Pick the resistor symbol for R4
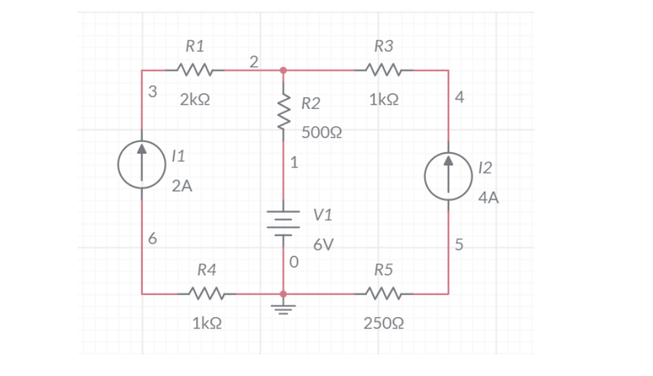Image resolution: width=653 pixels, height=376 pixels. (x=204, y=294)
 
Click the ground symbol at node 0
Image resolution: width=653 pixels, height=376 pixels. (x=283, y=304)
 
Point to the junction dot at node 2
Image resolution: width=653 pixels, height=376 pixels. (x=283, y=70)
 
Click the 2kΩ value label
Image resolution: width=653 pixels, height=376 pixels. (x=195, y=100)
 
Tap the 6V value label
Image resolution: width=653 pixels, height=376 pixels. (x=324, y=245)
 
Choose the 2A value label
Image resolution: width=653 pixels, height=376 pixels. (x=182, y=186)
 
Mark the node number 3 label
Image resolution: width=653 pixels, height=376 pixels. (x=152, y=91)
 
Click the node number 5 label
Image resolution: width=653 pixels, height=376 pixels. (x=460, y=245)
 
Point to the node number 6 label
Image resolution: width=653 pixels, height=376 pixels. (x=152, y=239)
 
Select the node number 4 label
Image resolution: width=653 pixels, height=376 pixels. (x=460, y=97)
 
